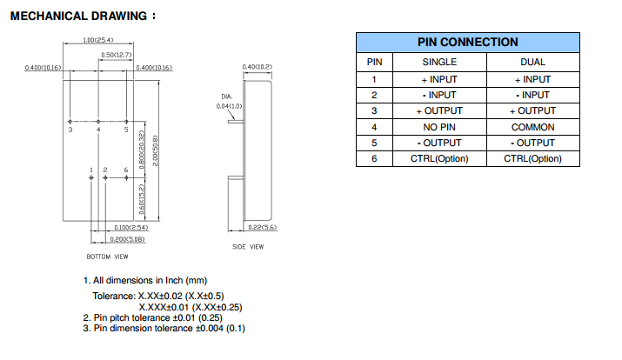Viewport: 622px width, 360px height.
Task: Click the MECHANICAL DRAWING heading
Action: pyautogui.click(x=83, y=16)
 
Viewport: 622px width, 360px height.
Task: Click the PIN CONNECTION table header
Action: pyautogui.click(x=467, y=42)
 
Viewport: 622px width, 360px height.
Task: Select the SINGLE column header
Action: pyautogui.click(x=439, y=62)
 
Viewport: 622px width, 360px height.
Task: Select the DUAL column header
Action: pyautogui.click(x=532, y=62)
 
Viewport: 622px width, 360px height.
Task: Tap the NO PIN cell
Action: pyautogui.click(x=439, y=127)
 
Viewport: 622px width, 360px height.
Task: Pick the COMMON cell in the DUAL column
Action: pyautogui.click(x=532, y=127)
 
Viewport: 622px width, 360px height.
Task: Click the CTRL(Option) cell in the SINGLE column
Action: pyautogui.click(x=439, y=158)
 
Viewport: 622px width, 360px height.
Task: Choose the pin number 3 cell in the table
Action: pyautogui.click(x=374, y=110)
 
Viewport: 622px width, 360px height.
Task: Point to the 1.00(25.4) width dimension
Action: pyautogui.click(x=98, y=40)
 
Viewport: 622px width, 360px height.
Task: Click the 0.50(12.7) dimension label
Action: pyautogui.click(x=114, y=55)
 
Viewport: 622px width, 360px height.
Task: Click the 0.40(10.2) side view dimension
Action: pyautogui.click(x=257, y=67)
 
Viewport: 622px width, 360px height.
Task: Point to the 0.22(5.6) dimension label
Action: pyautogui.click(x=260, y=227)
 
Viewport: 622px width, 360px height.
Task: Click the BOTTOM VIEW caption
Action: pyautogui.click(x=108, y=257)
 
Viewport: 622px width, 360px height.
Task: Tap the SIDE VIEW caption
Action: pyautogui.click(x=248, y=246)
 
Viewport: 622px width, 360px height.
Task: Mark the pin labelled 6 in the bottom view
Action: pyautogui.click(x=126, y=177)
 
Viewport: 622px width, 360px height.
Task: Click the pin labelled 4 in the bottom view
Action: pyautogui.click(x=98, y=121)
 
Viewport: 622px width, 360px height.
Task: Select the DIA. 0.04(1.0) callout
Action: pyautogui.click(x=227, y=101)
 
